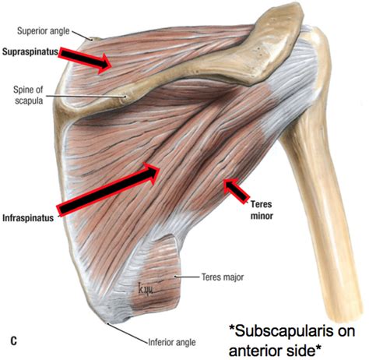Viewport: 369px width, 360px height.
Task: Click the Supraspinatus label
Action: (x=30, y=52)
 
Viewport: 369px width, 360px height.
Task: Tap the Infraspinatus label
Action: (x=28, y=217)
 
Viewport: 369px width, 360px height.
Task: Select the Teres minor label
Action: (x=262, y=210)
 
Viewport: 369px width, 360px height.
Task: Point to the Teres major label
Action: (x=223, y=277)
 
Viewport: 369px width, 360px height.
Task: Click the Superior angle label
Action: (x=44, y=31)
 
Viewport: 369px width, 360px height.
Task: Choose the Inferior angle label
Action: (x=172, y=342)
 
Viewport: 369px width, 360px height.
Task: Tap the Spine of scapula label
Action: (x=28, y=95)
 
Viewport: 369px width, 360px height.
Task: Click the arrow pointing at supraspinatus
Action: (x=85, y=59)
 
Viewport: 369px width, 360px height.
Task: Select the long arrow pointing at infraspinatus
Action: (x=107, y=189)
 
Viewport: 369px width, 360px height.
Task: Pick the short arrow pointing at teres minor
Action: (x=236, y=190)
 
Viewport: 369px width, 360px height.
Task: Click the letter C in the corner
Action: (x=14, y=341)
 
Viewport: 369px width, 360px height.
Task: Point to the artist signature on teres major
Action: (x=146, y=288)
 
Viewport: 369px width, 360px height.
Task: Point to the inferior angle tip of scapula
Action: (x=107, y=323)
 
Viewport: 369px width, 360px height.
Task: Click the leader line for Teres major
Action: (x=187, y=277)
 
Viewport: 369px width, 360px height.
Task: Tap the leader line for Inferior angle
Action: (x=127, y=334)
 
